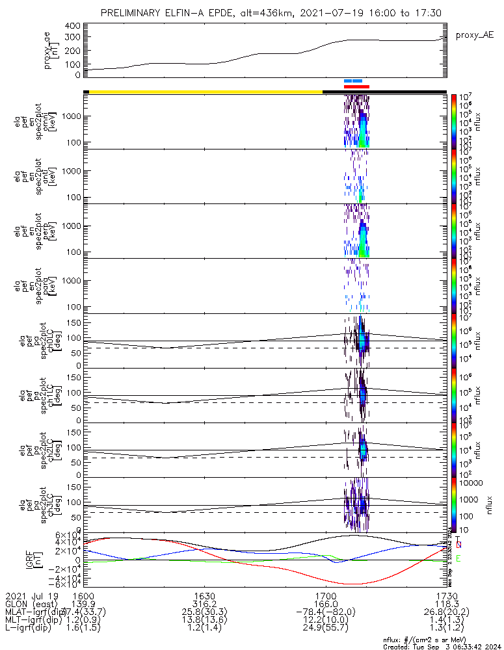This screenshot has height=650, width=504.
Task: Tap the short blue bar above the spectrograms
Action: coord(352,81)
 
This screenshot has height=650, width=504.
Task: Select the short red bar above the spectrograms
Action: coord(356,86)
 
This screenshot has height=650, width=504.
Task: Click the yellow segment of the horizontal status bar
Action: coord(205,92)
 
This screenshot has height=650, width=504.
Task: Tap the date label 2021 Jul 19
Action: coord(32,595)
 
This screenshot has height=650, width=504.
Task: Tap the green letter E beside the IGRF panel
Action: coord(459,558)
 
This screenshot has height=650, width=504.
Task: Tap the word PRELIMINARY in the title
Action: coord(132,13)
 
